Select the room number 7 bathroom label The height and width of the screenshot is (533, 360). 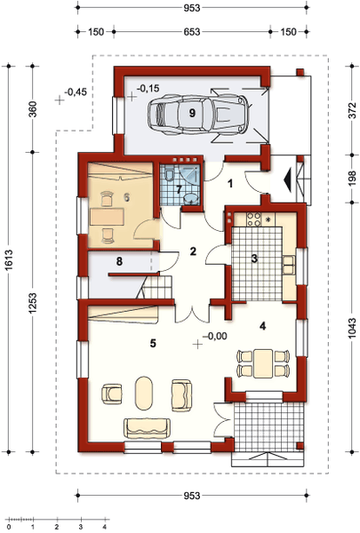[178, 188]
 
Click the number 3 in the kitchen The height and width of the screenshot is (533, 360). [254, 259]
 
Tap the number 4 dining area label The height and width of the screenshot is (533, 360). [262, 326]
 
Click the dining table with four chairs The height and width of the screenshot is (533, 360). [263, 362]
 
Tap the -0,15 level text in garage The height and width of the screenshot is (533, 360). [148, 88]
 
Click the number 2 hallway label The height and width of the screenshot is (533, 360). [191, 252]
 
